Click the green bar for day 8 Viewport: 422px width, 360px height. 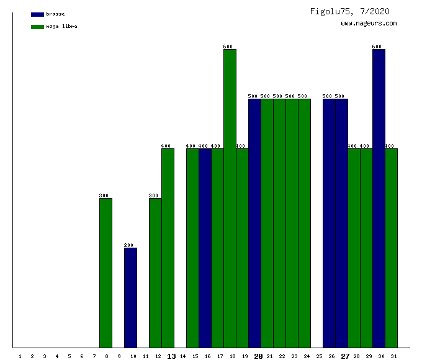(x=105, y=273)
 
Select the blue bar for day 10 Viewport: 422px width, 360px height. (x=130, y=298)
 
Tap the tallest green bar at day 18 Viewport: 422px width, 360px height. (x=230, y=199)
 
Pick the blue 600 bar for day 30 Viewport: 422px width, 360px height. (x=379, y=199)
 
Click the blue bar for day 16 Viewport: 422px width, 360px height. (x=205, y=248)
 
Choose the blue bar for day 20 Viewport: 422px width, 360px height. (x=254, y=223)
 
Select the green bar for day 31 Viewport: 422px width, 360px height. (x=391, y=248)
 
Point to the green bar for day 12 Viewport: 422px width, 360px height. (x=155, y=273)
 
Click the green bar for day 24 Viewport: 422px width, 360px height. (x=304, y=223)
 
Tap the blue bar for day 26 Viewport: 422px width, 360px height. (x=329, y=223)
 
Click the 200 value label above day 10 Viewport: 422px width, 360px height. (x=129, y=245)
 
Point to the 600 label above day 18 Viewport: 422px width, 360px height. (x=228, y=47)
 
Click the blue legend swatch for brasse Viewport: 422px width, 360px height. (x=37, y=14)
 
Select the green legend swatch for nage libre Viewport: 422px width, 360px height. (x=37, y=27)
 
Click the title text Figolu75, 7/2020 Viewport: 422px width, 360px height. (x=350, y=11)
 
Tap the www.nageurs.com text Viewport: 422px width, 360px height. (x=369, y=24)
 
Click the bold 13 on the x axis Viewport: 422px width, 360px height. (x=171, y=356)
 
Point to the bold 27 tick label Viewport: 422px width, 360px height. (x=345, y=356)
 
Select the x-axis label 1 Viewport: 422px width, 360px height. (x=20, y=356)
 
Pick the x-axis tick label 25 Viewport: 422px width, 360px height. (x=319, y=356)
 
